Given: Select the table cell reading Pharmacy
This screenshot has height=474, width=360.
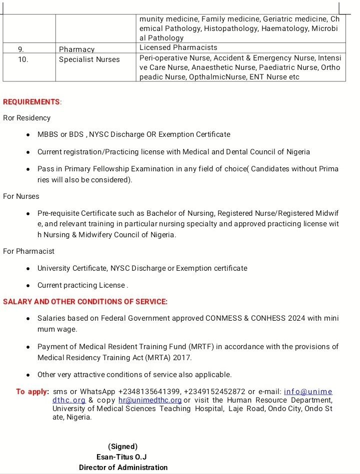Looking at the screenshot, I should coord(76,49).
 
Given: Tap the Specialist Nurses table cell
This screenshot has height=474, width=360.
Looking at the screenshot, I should coord(89,59).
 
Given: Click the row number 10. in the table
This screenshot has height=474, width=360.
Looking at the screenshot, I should coord(23,59).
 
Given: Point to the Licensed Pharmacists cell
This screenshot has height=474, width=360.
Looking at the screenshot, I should coord(178,47).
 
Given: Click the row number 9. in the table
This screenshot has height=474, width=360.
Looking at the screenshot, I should coord(20,49).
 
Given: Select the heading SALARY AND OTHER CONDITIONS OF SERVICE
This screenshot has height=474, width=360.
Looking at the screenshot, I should coord(85,302).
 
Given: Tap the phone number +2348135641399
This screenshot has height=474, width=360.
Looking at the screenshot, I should coord(150,392).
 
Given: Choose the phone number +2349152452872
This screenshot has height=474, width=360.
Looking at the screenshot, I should coord(214,392).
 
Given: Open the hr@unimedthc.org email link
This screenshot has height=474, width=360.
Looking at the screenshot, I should coord(150,400).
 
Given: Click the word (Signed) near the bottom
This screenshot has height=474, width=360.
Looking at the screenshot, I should coord(122,447).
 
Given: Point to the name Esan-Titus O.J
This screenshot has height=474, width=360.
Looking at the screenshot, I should coord(121,457).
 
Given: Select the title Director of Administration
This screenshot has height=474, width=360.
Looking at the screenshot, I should coord(123,468).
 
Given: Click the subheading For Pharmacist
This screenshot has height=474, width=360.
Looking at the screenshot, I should coord(28,251).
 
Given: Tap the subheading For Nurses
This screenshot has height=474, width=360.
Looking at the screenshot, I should coord(21,196).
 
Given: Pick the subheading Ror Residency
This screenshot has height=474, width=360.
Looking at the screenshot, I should coord(27,118).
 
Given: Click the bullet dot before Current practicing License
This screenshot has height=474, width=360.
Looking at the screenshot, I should coord(28,286).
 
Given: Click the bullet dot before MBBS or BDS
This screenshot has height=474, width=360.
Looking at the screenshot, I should coord(28,135).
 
